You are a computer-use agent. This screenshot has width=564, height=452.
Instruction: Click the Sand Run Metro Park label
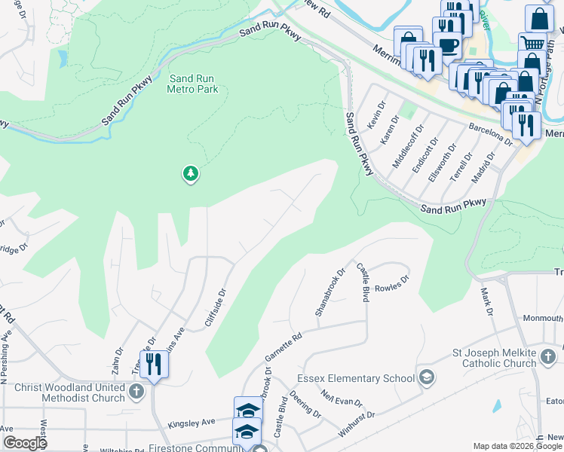point(194,83)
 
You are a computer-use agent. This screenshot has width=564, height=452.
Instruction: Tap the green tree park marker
point(191,174)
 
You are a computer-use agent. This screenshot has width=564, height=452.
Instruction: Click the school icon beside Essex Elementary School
point(426,377)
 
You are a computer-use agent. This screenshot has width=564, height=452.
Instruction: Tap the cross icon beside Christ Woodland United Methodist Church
point(136,391)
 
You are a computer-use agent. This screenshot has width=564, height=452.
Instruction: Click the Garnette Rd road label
point(284,345)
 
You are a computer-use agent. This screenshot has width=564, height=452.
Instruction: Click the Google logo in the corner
point(26,443)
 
